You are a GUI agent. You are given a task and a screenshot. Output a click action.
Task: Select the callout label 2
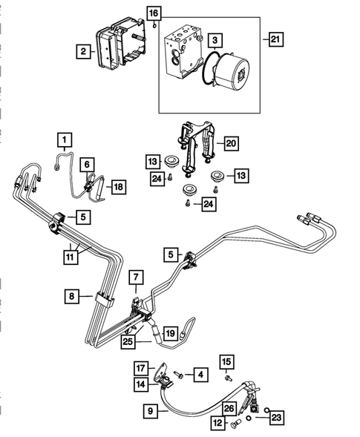click(85, 51)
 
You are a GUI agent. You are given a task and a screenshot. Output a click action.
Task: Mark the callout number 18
click(118, 188)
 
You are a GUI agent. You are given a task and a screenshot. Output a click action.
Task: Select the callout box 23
click(275, 417)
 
